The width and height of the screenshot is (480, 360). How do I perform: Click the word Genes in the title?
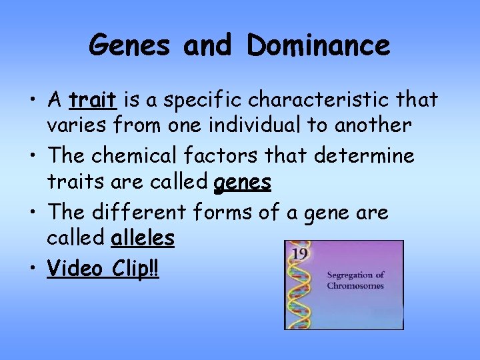tap(129, 45)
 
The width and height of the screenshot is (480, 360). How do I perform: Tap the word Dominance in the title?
tap(318, 45)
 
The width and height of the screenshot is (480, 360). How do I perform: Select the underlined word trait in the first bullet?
tap(93, 100)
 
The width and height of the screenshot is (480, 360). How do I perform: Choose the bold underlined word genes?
tap(243, 182)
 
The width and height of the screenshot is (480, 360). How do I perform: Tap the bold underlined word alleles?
tap(143, 237)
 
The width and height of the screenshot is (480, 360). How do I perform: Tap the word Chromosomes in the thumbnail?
tap(355, 285)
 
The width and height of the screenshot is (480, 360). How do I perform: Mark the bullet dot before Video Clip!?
tap(33, 269)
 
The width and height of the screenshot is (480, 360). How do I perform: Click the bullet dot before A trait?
tap(33, 101)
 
